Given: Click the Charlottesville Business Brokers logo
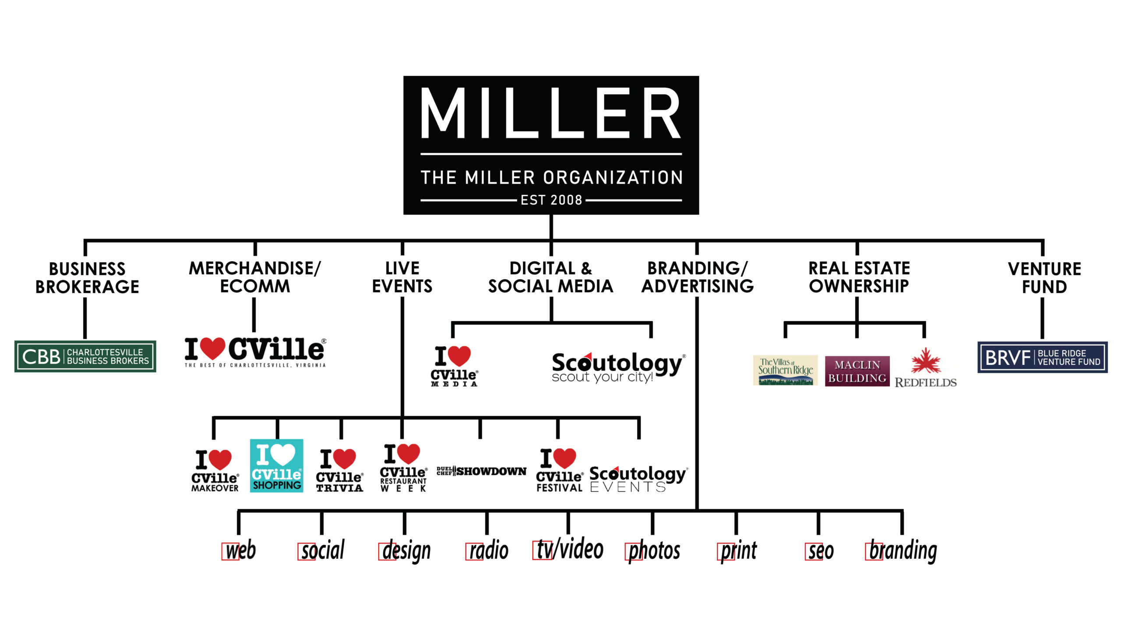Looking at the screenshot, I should pos(85,356).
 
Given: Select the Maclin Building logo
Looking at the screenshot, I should pos(857,371).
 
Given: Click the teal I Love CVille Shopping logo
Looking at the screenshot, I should pos(276,465).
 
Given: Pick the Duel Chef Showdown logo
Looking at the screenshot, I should pos(481,471).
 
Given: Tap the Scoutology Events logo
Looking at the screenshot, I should pos(638,478).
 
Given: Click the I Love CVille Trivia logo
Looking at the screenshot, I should pos(340,470).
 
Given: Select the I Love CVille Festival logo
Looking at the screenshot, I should pos(559,470).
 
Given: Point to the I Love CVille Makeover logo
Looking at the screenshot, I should pos(215,471).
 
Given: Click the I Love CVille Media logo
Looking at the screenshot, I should pos(454,366).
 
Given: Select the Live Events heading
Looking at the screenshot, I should pos(402,277).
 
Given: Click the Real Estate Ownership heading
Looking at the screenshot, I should pos(859,277).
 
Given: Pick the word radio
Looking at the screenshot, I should pos(488,550).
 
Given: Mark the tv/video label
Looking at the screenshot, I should pos(569,549).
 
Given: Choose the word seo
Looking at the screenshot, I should pos(821,551).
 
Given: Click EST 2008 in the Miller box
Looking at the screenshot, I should pos(551,200).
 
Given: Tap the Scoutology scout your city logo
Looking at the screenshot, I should pos(617,368).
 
